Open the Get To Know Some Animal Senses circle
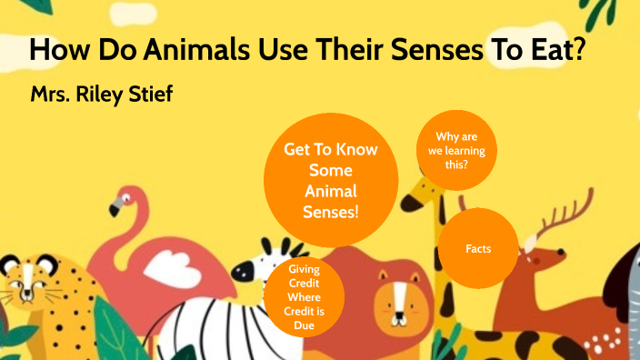331,180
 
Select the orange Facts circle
478,247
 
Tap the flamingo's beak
115,208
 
